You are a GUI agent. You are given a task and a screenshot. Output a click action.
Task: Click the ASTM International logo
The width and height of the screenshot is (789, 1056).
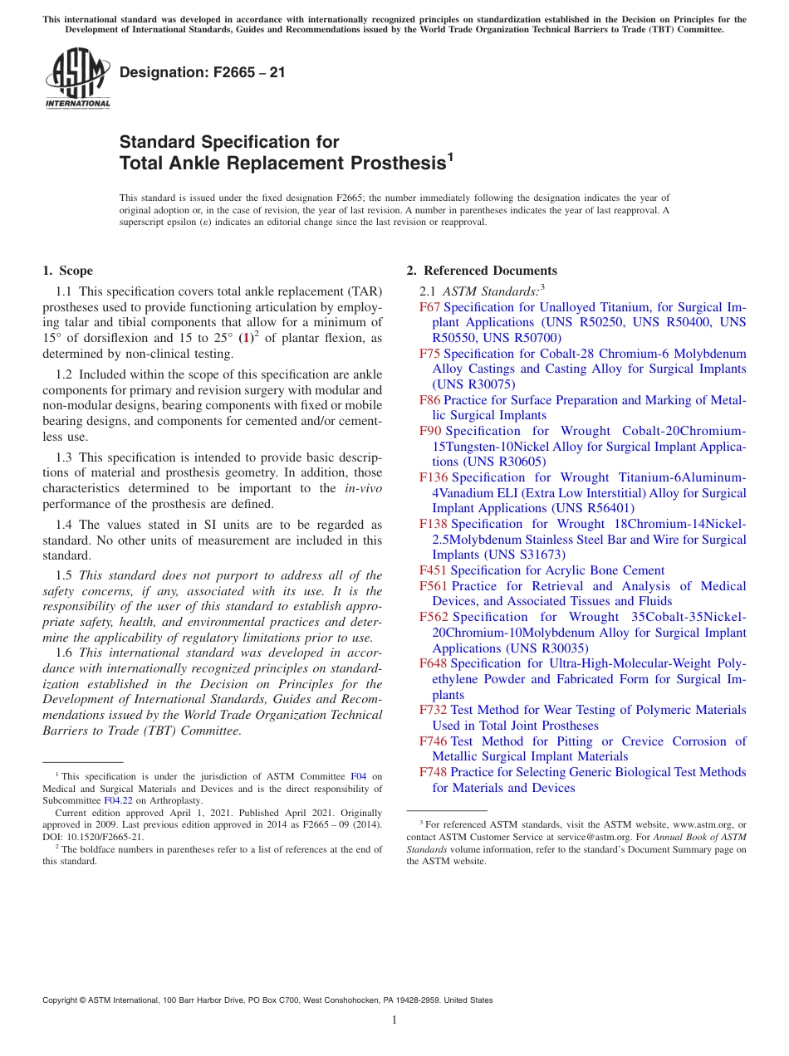[x=77, y=79]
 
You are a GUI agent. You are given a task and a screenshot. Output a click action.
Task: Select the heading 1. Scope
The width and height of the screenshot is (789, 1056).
[x=67, y=271]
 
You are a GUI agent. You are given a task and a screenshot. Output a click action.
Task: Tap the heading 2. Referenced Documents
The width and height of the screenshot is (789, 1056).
[x=482, y=271]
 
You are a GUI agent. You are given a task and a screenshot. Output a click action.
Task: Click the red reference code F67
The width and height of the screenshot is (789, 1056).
[x=430, y=307]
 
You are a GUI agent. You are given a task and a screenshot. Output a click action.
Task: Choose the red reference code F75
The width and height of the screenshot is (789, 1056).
[x=430, y=354]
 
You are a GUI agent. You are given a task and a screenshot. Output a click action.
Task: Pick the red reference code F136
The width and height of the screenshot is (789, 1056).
[x=434, y=477]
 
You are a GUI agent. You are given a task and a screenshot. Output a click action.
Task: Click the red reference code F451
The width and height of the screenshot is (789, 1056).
[x=434, y=570]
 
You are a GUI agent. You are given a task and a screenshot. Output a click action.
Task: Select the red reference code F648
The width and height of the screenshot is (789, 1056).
[x=434, y=663]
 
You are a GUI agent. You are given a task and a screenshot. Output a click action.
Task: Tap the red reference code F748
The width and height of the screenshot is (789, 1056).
[x=434, y=772]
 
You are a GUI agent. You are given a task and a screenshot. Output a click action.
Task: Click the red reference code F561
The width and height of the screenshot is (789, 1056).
[x=434, y=586]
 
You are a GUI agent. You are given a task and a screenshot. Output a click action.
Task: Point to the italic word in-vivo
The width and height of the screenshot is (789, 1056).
[x=363, y=488]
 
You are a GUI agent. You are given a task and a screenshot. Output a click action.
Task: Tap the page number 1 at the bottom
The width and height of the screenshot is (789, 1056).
[x=394, y=1020]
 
